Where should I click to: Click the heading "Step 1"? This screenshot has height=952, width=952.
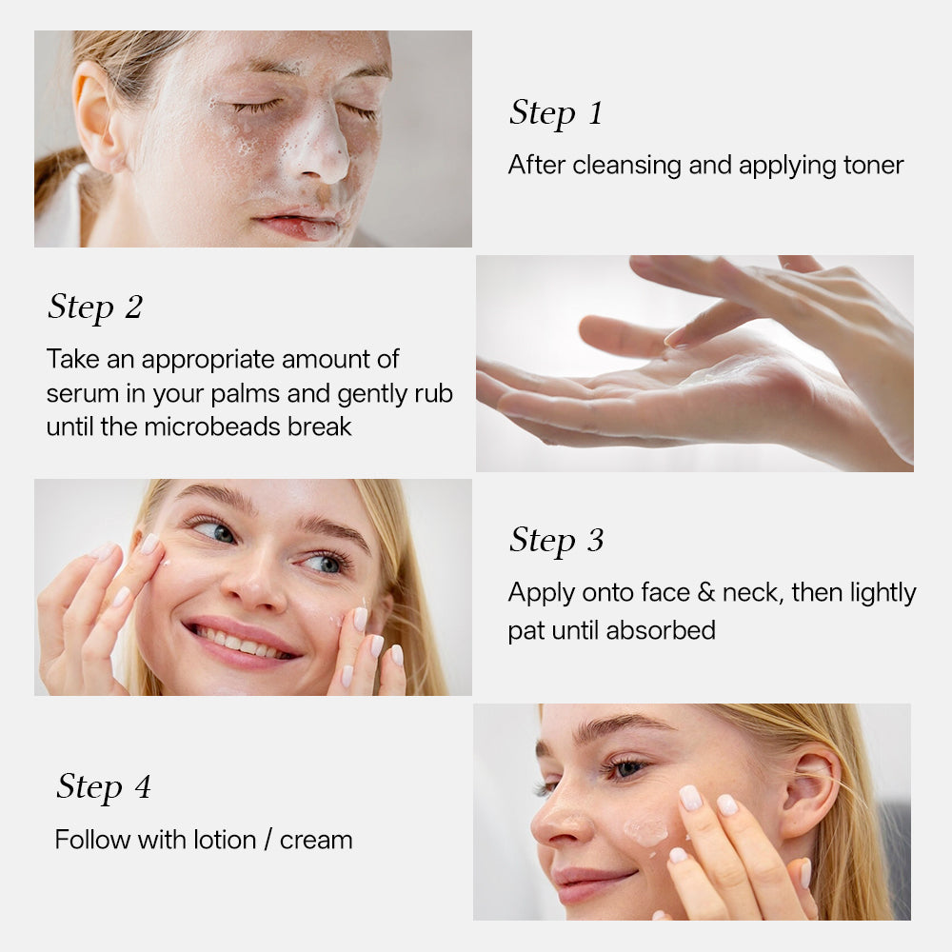click(x=556, y=113)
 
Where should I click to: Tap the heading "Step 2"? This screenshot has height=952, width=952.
click(x=95, y=307)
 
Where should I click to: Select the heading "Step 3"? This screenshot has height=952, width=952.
click(x=556, y=541)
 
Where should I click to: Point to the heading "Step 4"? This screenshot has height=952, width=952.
click(x=103, y=787)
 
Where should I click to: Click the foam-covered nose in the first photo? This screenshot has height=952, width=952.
click(x=322, y=152)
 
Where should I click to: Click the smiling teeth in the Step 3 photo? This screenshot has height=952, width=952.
click(x=240, y=644)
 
